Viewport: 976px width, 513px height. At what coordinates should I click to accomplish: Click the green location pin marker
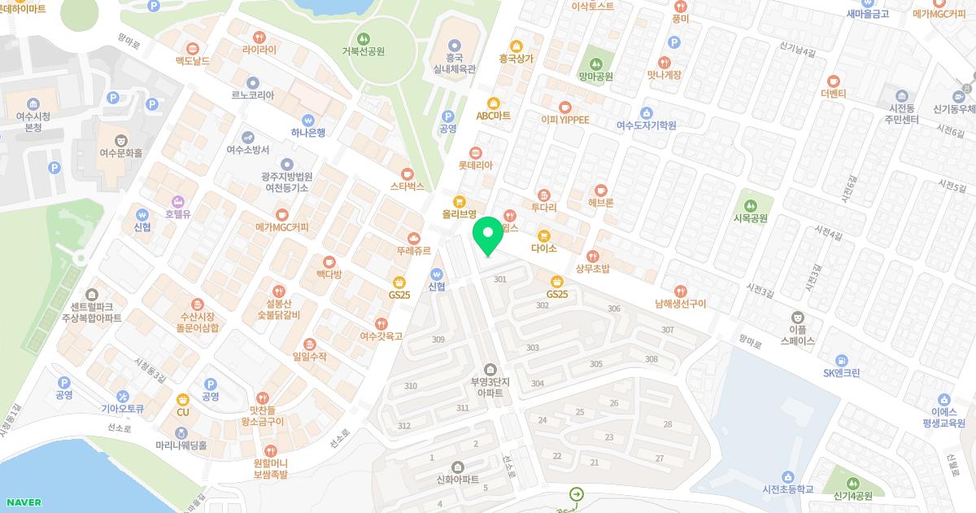[488, 236]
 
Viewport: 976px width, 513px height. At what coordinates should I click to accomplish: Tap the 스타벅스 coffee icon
[407, 173]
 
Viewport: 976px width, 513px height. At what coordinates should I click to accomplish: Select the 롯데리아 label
[475, 165]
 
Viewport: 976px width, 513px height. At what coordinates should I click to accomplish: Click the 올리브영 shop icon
[459, 201]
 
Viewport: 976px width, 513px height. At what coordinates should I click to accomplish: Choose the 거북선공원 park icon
[364, 37]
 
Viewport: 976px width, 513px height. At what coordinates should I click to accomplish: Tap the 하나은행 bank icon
[308, 119]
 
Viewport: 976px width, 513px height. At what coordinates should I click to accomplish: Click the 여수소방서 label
[247, 150]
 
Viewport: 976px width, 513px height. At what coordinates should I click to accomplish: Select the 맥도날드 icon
[193, 48]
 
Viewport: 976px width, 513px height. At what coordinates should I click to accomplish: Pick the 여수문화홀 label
[120, 153]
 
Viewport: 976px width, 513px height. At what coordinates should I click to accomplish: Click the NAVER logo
[22, 502]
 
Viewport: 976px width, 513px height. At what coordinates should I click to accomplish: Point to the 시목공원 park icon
[751, 204]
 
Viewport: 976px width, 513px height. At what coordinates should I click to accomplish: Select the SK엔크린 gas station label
[841, 373]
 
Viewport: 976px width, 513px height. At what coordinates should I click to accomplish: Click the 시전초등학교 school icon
[786, 476]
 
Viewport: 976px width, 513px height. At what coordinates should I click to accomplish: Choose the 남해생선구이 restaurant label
[680, 304]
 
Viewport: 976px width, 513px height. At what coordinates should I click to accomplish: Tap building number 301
[500, 279]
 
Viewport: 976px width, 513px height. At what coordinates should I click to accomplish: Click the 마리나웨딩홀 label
[181, 445]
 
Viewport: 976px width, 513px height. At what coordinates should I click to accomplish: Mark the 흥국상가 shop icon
[516, 46]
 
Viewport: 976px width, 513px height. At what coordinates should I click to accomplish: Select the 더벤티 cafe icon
[834, 81]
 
